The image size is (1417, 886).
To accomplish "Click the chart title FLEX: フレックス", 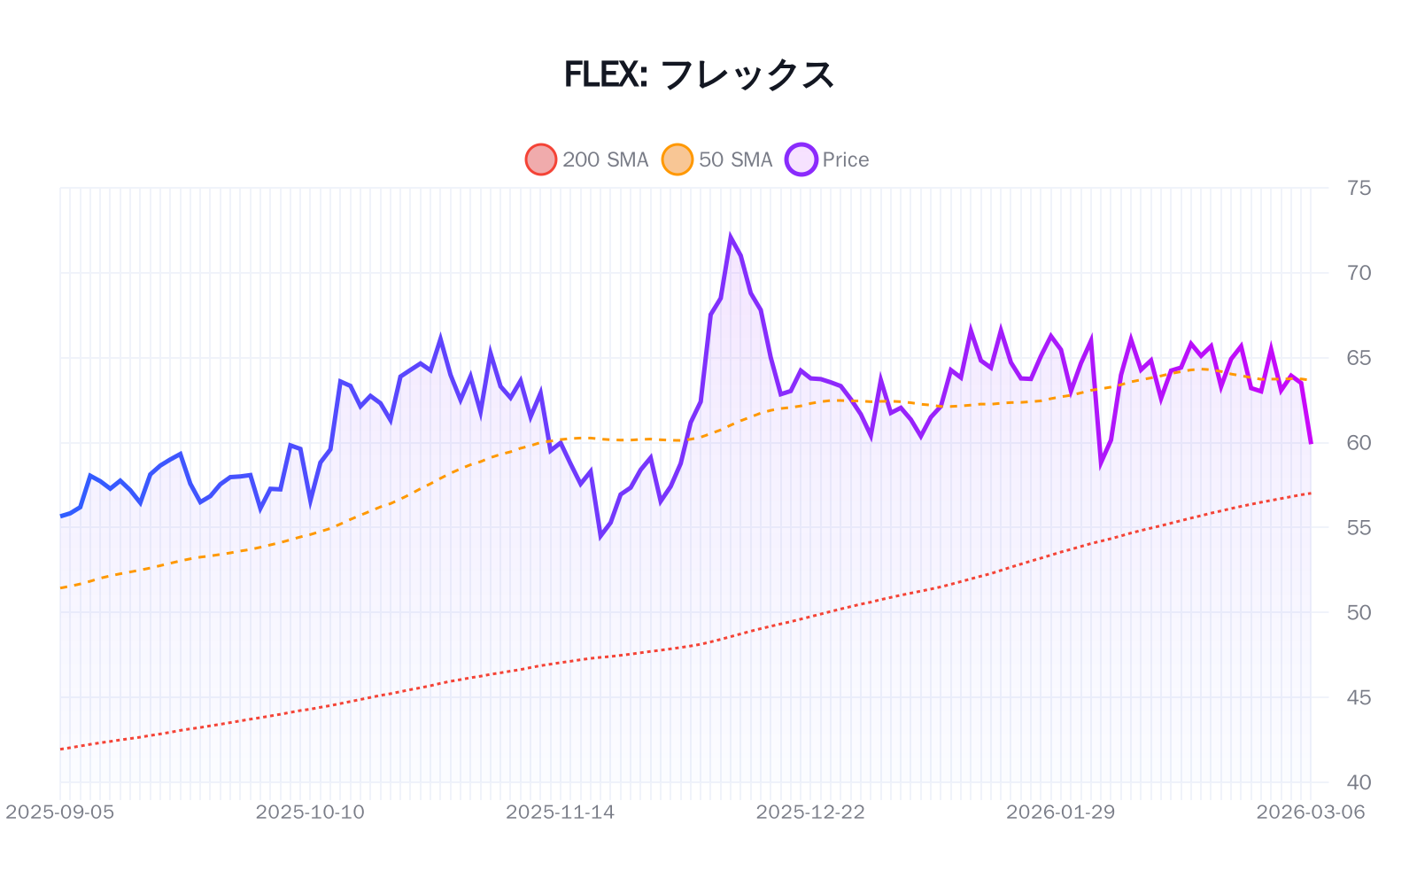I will [699, 74].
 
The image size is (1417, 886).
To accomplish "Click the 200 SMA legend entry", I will [587, 159].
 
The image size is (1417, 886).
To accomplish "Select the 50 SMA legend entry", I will [717, 159].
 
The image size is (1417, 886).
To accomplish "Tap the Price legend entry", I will [827, 159].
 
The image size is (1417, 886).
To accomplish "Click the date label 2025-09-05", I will [60, 812].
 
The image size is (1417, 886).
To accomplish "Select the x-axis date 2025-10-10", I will [310, 812].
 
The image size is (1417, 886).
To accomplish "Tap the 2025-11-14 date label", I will [560, 812].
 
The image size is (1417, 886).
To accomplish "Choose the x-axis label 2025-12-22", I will [810, 812].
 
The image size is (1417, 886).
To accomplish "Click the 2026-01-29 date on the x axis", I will [1060, 812].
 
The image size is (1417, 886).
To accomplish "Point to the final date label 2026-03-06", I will [1311, 812].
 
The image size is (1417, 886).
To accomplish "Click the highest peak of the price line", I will [731, 237].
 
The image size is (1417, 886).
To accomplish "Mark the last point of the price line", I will [1311, 442].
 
